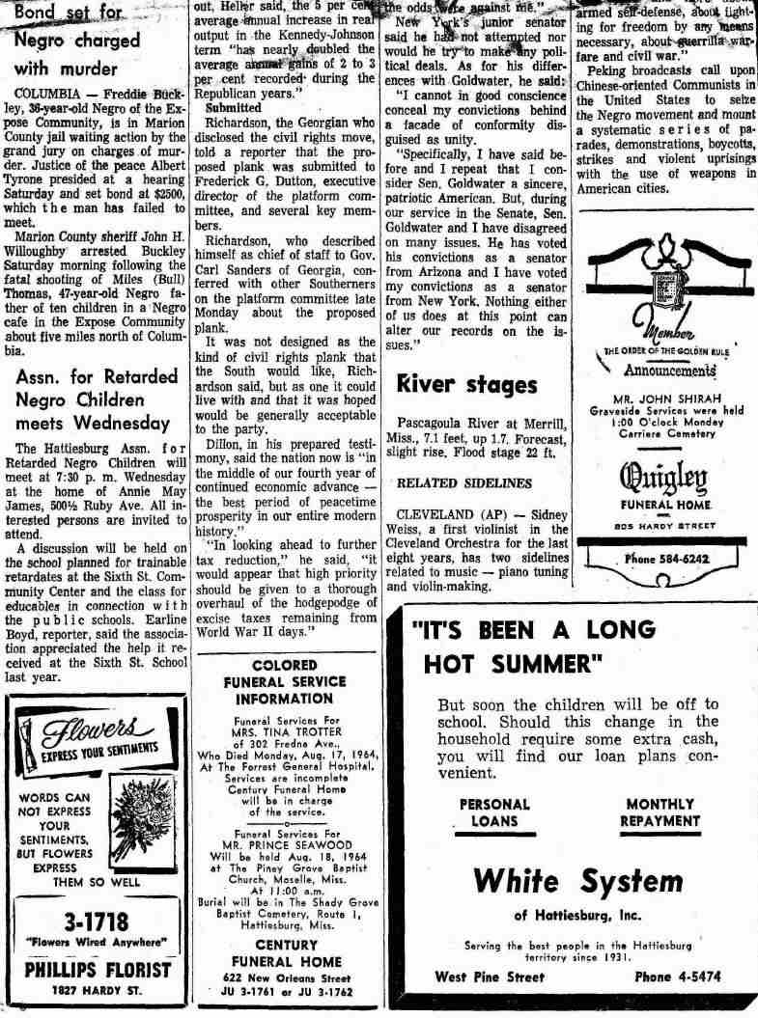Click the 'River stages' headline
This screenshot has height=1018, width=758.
[x=467, y=384]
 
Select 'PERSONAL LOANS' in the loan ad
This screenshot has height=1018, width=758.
[x=494, y=812]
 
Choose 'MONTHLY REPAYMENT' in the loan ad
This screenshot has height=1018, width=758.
[x=662, y=812]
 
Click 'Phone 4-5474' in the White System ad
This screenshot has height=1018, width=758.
[x=675, y=977]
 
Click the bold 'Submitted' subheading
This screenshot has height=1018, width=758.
[x=233, y=110]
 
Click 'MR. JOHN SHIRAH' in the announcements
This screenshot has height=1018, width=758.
[x=662, y=396]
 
